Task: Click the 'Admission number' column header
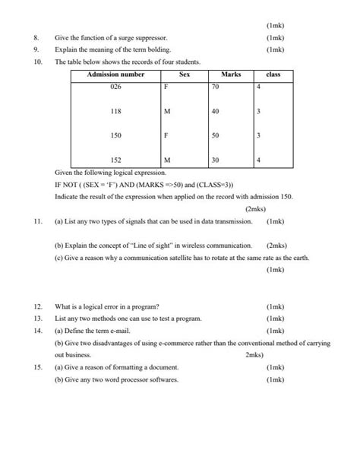point(115,74)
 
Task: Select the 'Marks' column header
point(230,74)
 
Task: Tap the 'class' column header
point(273,74)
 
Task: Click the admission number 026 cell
point(115,87)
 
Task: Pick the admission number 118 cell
point(115,112)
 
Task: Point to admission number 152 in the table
point(115,160)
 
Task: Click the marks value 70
point(216,87)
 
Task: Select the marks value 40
point(216,112)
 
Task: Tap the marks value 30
point(216,160)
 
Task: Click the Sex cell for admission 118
point(167,112)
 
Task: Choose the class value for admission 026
point(259,87)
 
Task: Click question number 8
point(36,37)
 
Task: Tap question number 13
point(37,319)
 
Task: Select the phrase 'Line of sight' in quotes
point(157,246)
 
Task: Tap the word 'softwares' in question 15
point(163,379)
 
